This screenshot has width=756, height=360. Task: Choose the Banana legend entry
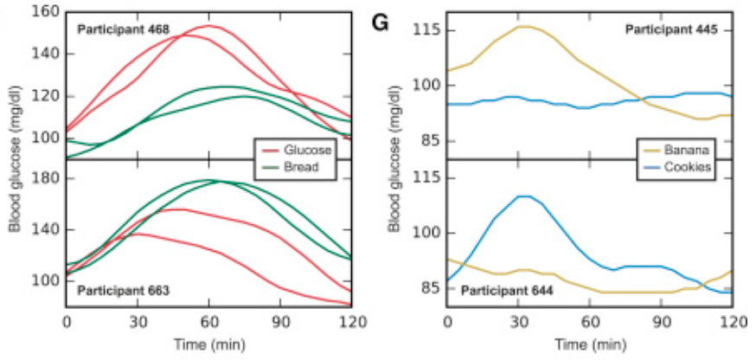coord(690,150)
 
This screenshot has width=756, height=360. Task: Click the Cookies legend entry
coord(690,167)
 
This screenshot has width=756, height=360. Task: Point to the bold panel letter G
coord(379,22)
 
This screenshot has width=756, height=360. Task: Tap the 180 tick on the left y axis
coord(45,179)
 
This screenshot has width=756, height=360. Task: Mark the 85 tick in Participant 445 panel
coord(430,141)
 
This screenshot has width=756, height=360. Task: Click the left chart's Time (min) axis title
coord(208,345)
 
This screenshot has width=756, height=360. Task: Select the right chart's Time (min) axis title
coord(589,345)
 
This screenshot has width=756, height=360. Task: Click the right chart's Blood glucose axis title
coord(395,161)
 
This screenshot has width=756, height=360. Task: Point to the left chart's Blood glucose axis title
coord(15,161)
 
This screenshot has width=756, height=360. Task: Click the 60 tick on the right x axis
coord(589,323)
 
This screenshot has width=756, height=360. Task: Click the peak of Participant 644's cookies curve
coord(522,196)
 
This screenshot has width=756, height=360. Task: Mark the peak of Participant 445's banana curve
coord(522,26)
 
